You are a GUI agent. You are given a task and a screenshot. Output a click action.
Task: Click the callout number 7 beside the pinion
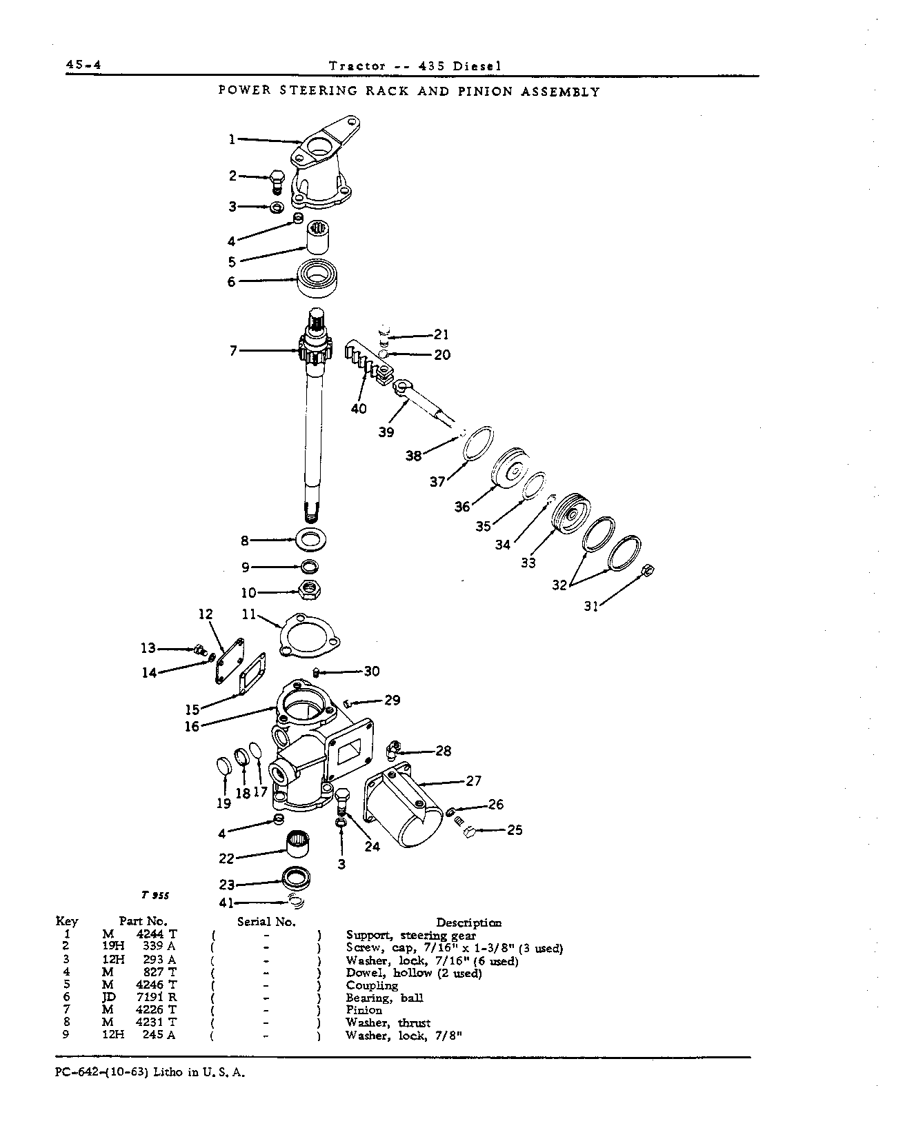pyautogui.click(x=234, y=351)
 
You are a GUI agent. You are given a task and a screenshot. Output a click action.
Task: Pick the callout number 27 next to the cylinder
pyautogui.click(x=473, y=781)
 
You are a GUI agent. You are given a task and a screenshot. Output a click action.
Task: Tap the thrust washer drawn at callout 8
pyautogui.click(x=310, y=540)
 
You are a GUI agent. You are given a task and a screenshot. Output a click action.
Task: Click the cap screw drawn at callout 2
pyautogui.click(x=277, y=179)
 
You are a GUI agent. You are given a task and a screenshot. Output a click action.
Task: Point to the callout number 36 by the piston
pyautogui.click(x=462, y=507)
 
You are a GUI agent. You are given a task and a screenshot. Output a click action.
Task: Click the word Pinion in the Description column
pyautogui.click(x=364, y=1010)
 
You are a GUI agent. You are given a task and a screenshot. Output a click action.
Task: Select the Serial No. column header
pyautogui.click(x=266, y=922)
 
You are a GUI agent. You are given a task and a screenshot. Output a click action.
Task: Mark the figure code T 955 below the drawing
pyautogui.click(x=155, y=896)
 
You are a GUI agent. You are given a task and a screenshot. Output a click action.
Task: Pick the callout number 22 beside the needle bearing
pyautogui.click(x=226, y=858)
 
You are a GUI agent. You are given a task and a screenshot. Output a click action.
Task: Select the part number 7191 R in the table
pyautogui.click(x=157, y=998)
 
